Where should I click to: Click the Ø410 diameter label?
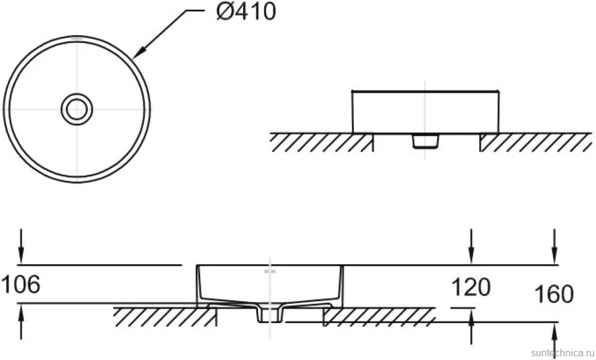coord(246,11)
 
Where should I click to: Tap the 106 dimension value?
coord(20,284)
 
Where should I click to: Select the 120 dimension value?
coord(471,287)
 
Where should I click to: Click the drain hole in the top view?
coord(77,109)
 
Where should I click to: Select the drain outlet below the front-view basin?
coord(425,141)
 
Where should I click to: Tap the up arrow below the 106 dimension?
coord(22,323)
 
